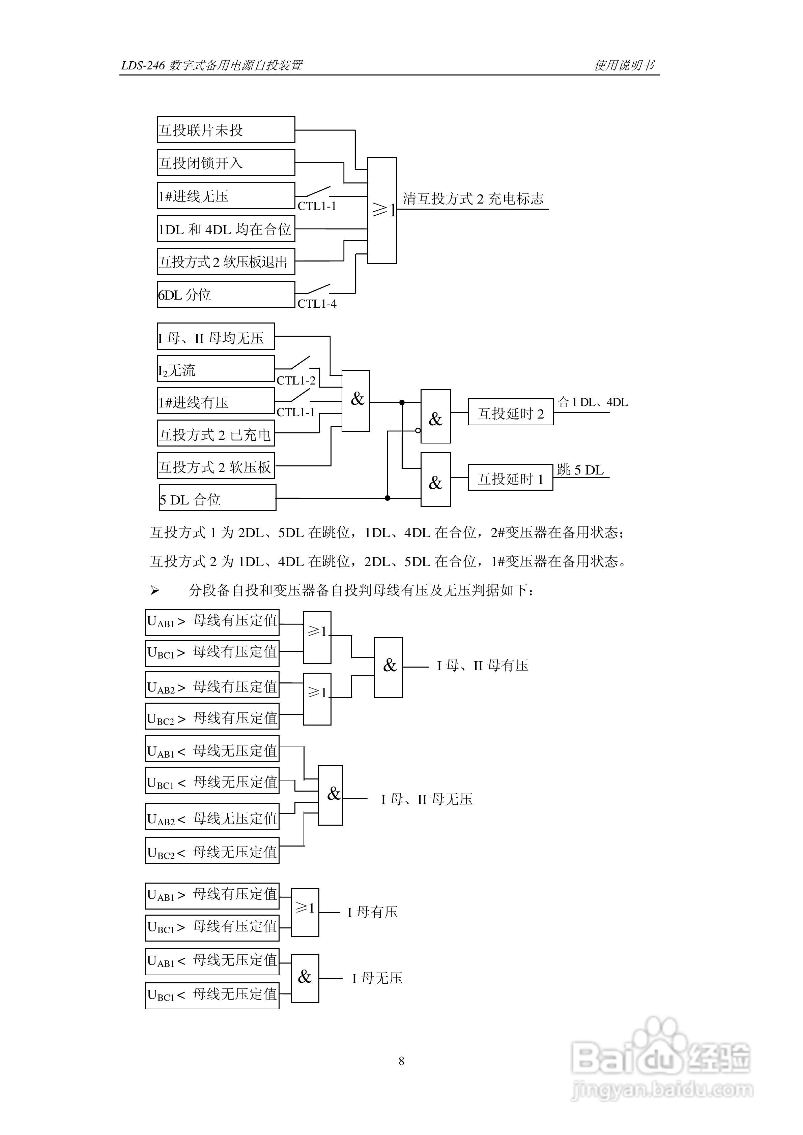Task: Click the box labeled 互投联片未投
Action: (226, 130)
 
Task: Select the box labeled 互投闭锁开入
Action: (226, 163)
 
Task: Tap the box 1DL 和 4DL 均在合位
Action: (226, 228)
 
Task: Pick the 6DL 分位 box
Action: (226, 294)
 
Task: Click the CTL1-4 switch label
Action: (317, 304)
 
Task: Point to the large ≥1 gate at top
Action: (382, 211)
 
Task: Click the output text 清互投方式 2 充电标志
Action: (473, 199)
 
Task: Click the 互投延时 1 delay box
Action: (510, 478)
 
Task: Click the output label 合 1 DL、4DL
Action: (593, 402)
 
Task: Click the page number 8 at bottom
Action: (401, 1061)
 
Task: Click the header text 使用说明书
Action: (625, 65)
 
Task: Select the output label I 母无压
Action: (377, 978)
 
